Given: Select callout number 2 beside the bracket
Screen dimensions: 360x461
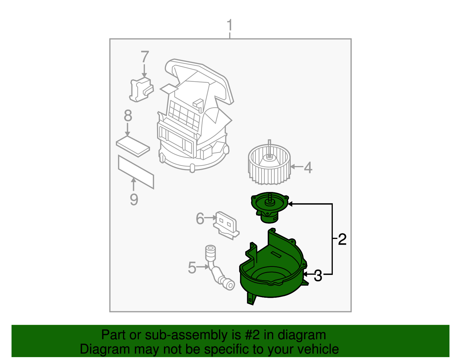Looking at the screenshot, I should [342, 239].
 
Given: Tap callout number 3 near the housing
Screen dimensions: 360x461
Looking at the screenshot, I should [318, 276].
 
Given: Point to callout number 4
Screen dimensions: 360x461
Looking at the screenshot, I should [308, 167].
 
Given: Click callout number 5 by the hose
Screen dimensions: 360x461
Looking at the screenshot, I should [192, 267].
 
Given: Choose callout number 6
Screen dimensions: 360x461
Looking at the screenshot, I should [200, 218].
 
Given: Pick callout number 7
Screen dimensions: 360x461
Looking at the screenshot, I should [145, 57].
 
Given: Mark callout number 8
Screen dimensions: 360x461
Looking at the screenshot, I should [128, 116].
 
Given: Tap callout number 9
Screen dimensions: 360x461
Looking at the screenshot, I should [134, 199].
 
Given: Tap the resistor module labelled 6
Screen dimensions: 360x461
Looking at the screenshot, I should [226, 225].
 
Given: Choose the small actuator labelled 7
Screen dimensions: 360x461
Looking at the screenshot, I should [141, 89].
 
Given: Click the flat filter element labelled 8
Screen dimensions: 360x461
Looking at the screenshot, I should [133, 147].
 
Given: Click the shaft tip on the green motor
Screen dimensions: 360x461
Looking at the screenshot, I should [270, 196].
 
